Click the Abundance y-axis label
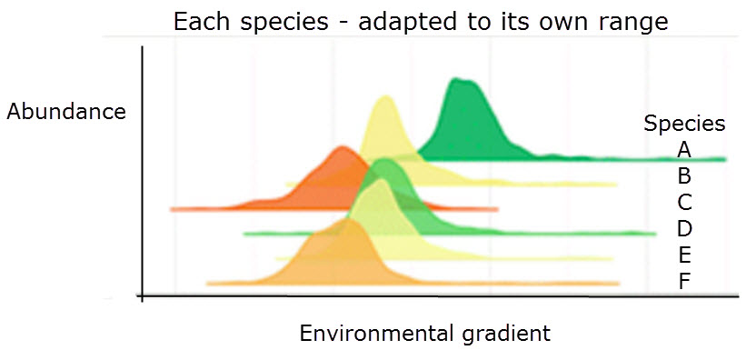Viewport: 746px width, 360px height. pyautogui.click(x=66, y=112)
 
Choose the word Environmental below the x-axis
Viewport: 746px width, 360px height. pyautogui.click(x=377, y=333)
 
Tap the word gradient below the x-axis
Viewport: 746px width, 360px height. pyautogui.click(x=507, y=335)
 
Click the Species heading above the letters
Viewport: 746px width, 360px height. pyautogui.click(x=684, y=125)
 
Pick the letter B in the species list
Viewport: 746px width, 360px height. pyautogui.click(x=684, y=176)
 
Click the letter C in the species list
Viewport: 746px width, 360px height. pyautogui.click(x=684, y=203)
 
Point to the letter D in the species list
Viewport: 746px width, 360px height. pyautogui.click(x=684, y=229)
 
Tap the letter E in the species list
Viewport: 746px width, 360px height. pyautogui.click(x=684, y=255)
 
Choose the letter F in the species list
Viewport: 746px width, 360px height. pyautogui.click(x=684, y=283)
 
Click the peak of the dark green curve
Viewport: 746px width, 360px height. pyautogui.click(x=457, y=79)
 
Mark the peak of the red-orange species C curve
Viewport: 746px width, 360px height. pyautogui.click(x=342, y=147)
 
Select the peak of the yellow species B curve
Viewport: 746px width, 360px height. pyautogui.click(x=386, y=96)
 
